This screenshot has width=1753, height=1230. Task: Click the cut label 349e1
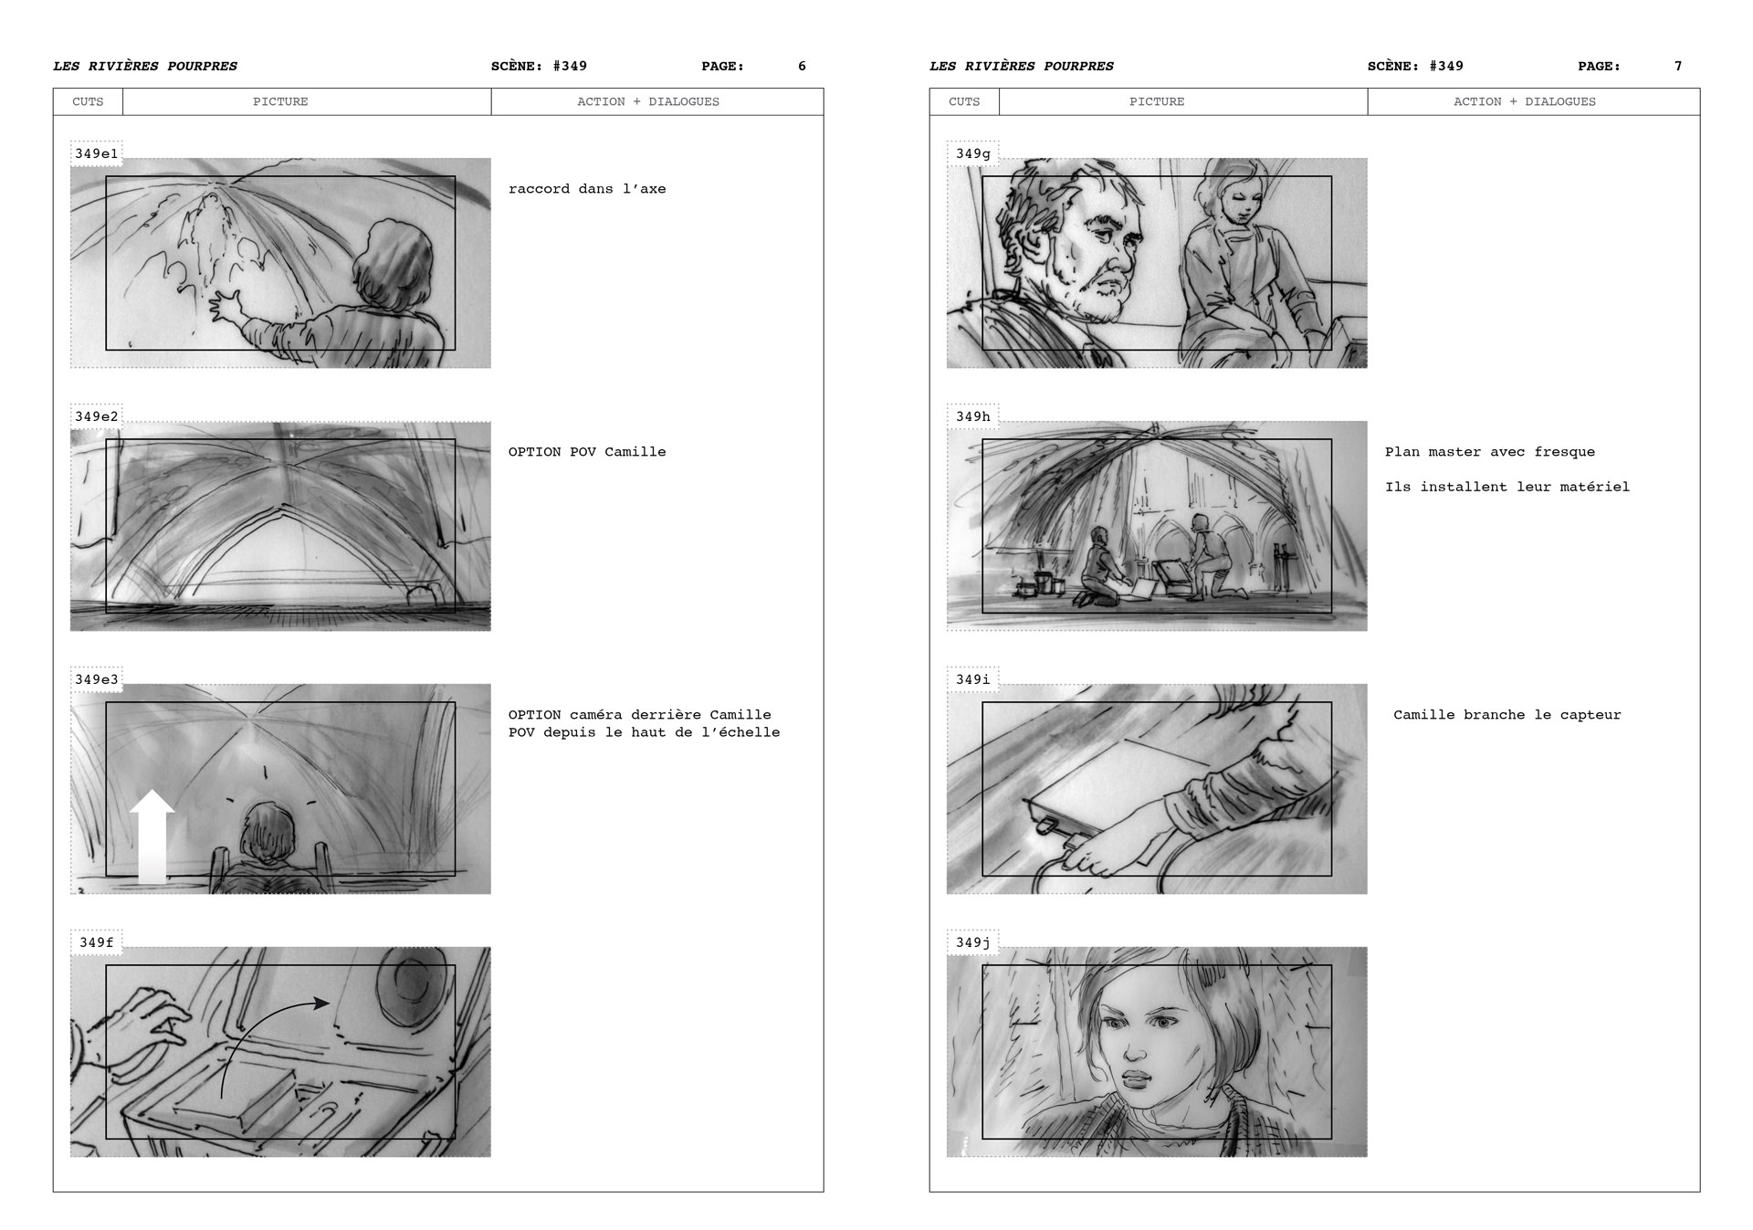coord(96,153)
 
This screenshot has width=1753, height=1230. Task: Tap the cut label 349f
coord(96,942)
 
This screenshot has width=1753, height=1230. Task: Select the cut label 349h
coord(972,416)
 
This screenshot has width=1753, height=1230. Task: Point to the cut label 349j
coord(972,942)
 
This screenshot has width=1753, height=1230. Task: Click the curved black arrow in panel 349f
coord(265,1032)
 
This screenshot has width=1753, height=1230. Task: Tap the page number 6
coord(802,66)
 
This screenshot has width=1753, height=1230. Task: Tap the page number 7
coord(1678,66)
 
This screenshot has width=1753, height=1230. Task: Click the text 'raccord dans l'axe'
coord(587,189)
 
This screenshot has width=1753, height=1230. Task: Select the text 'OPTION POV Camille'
coord(587,452)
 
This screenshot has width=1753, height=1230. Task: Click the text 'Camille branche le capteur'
coord(1506,715)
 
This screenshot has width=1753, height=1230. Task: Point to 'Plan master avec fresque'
coord(1489,452)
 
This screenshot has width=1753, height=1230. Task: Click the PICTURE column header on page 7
coord(1156,101)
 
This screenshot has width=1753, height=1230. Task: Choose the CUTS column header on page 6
coord(88,101)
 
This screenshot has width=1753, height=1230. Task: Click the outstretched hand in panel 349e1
coord(225,306)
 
